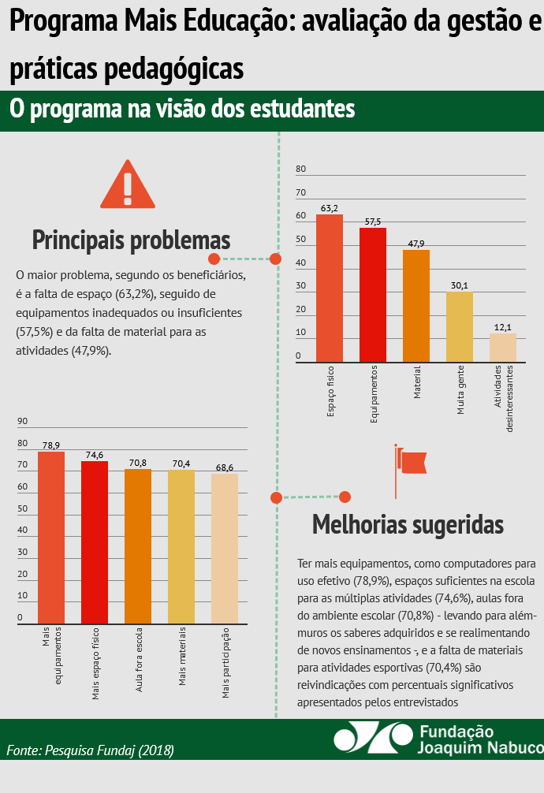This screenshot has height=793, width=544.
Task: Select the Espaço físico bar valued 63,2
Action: pyautogui.click(x=330, y=289)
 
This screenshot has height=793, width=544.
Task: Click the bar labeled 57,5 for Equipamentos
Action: pyautogui.click(x=373, y=295)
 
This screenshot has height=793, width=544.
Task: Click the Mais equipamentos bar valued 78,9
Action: pyautogui.click(x=51, y=536)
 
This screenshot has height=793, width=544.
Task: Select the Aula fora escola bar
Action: pyautogui.click(x=138, y=545)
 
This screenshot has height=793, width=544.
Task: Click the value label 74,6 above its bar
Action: pyautogui.click(x=95, y=455)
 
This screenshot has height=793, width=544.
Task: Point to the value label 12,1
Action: pyautogui.click(x=503, y=327)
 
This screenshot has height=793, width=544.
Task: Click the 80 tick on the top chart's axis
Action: pyautogui.click(x=300, y=169)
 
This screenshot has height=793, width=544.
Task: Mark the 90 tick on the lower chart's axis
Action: pyautogui.click(x=22, y=421)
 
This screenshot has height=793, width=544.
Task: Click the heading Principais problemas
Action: pyautogui.click(x=131, y=240)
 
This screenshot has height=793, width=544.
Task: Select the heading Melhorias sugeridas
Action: pyautogui.click(x=408, y=524)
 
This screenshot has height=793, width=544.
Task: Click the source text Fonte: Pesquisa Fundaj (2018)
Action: pyautogui.click(x=90, y=750)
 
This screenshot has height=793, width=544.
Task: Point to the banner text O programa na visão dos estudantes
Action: pyautogui.click(x=182, y=110)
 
